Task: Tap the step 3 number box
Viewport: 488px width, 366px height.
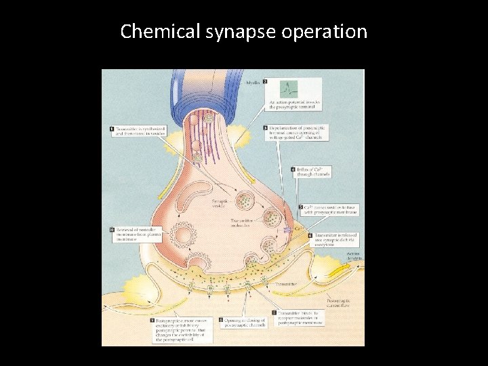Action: pos(265,127)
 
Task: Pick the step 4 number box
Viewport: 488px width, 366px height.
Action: pos(293,169)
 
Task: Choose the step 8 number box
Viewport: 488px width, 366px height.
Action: pos(221,319)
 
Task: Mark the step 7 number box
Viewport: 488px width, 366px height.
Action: pos(274,313)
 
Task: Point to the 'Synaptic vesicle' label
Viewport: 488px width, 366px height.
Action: pos(222,204)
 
